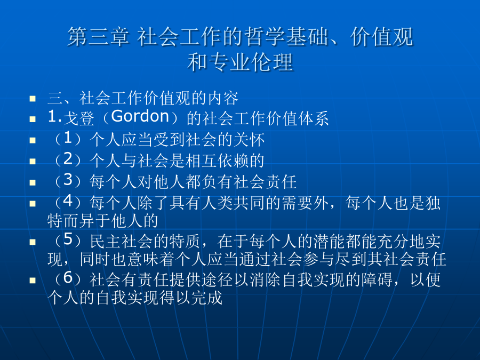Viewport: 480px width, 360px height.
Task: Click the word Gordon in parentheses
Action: coord(140,116)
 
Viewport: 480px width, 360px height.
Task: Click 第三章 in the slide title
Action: coord(98,37)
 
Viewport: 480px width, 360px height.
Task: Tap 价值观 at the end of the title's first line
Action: coord(382,37)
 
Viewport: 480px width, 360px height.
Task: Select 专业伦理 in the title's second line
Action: coord(251,62)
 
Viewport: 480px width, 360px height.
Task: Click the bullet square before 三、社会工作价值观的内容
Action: coord(33,99)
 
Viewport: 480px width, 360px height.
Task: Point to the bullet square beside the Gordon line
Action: coord(33,119)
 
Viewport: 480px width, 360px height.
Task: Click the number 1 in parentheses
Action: coord(68,138)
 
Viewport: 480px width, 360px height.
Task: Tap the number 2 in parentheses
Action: coord(68,159)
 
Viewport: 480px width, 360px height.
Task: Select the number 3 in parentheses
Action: coord(68,180)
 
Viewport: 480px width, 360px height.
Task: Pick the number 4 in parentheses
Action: coord(68,201)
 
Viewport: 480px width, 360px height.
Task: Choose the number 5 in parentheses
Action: coord(68,239)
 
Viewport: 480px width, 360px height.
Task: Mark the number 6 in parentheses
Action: coord(68,277)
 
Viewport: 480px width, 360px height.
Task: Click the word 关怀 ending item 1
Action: coord(249,140)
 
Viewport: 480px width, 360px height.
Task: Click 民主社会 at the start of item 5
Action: coord(121,241)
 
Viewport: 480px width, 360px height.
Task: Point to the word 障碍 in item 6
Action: coord(377,279)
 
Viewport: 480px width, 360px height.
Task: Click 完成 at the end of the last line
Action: coord(206,298)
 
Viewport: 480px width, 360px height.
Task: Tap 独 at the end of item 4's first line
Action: coord(433,203)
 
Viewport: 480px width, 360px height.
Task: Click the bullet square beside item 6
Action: coord(33,281)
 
